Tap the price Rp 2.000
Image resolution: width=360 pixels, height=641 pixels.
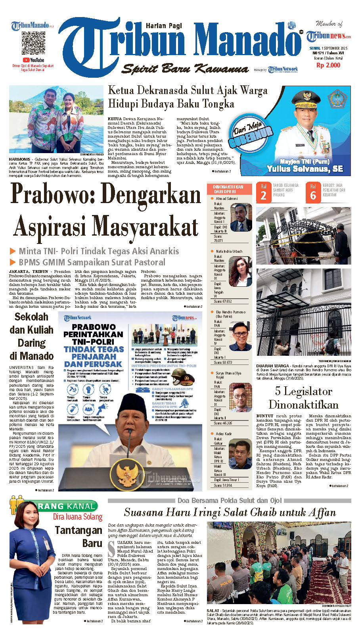[328, 65]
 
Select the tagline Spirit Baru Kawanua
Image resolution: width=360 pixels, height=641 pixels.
[185, 69]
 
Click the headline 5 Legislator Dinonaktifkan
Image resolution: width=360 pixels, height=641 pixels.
[303, 398]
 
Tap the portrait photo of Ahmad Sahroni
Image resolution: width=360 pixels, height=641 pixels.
[241, 217]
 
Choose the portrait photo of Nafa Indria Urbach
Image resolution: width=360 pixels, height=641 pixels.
[241, 271]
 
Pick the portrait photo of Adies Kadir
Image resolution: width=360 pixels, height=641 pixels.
[241, 455]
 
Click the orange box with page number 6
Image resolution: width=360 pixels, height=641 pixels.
[313, 192]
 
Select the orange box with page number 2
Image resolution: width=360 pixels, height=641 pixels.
[263, 192]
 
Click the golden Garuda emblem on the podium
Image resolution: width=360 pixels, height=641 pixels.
[127, 475]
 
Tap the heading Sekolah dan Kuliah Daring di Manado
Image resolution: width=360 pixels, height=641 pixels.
[32, 336]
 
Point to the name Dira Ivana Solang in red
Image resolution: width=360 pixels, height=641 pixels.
[78, 517]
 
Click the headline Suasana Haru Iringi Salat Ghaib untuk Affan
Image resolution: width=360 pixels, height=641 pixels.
[230, 512]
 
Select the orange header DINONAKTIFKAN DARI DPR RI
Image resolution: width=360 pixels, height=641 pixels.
[228, 189]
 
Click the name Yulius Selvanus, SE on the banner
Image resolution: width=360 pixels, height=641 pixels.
[304, 169]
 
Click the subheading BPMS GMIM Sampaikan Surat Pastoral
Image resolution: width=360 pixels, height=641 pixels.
[92, 262]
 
